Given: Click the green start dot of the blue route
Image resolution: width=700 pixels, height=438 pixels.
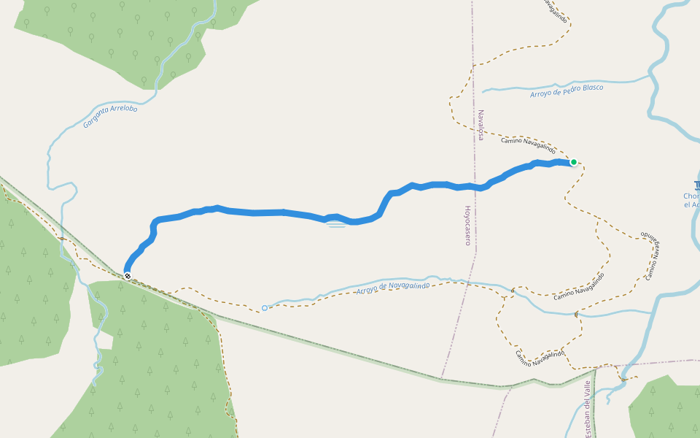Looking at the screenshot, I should [x=574, y=162].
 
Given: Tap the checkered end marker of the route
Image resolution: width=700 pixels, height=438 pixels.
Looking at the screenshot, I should [x=128, y=276].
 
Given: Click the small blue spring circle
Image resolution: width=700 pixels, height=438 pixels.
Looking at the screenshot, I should [x=265, y=308].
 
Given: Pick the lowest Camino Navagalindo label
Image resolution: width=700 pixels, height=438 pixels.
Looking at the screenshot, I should [x=540, y=358].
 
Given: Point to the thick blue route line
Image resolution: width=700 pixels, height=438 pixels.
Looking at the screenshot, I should [x=255, y=212].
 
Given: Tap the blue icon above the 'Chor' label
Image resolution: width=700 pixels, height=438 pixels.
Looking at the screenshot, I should [x=696, y=185].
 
